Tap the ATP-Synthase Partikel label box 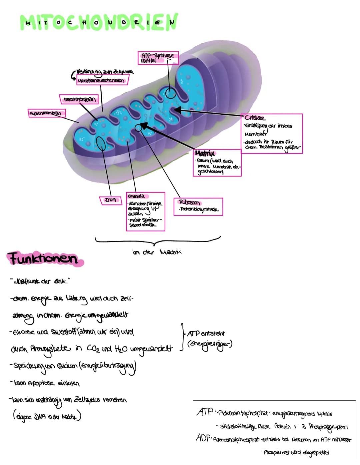[158, 58]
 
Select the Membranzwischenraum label [101, 80]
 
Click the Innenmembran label [79, 99]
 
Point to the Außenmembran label [46, 113]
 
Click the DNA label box [111, 200]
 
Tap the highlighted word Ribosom [189, 202]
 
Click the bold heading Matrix [205, 153]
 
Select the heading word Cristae [255, 118]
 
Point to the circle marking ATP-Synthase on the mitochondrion [171, 93]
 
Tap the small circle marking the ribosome [138, 127]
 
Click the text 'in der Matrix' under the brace [157, 252]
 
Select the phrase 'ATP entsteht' [206, 333]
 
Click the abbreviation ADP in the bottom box [203, 438]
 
